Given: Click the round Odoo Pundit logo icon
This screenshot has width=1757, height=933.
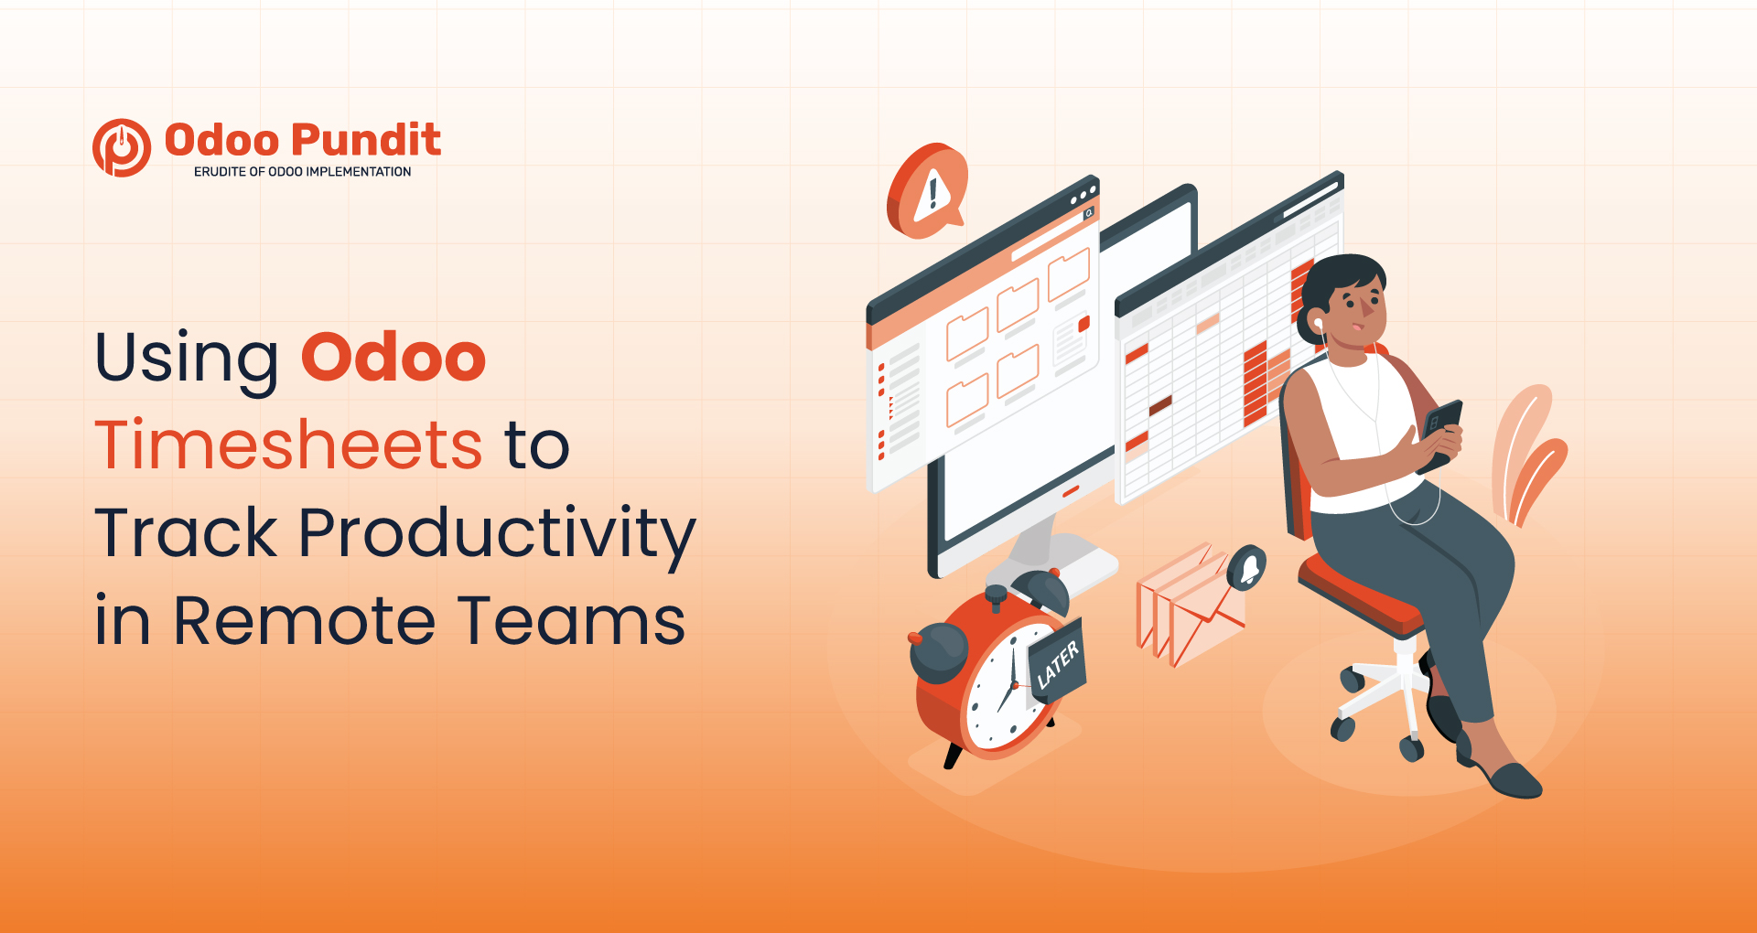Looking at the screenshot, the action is pos(122,147).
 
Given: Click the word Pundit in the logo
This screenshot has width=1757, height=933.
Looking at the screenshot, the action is pos(366,140).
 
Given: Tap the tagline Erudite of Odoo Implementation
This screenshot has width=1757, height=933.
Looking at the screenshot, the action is pos(302,172).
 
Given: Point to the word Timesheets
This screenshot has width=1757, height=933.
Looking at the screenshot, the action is pos(288,445).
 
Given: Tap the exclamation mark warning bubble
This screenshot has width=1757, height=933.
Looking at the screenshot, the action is pos(926,190).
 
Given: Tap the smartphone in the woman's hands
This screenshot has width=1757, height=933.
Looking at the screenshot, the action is pos(1440,434).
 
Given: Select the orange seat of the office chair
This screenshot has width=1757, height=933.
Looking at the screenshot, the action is pos(1359,595).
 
